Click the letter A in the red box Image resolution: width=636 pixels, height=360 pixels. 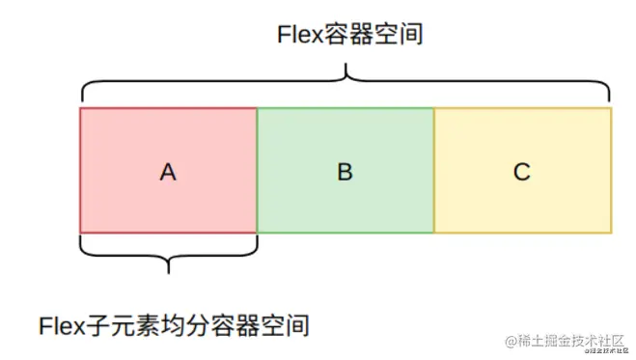168,172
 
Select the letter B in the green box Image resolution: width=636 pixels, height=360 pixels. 345,172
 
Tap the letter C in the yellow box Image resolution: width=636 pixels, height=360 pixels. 522,172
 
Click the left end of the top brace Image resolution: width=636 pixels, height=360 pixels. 82,100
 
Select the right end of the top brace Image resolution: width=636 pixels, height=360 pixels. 610,100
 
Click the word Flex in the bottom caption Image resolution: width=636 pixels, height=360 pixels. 61,323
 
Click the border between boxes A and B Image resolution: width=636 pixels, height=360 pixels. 257,171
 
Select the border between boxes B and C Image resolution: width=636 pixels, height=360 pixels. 433,171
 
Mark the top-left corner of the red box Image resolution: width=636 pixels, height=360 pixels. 80,109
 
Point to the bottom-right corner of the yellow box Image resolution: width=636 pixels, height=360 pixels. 611,233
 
